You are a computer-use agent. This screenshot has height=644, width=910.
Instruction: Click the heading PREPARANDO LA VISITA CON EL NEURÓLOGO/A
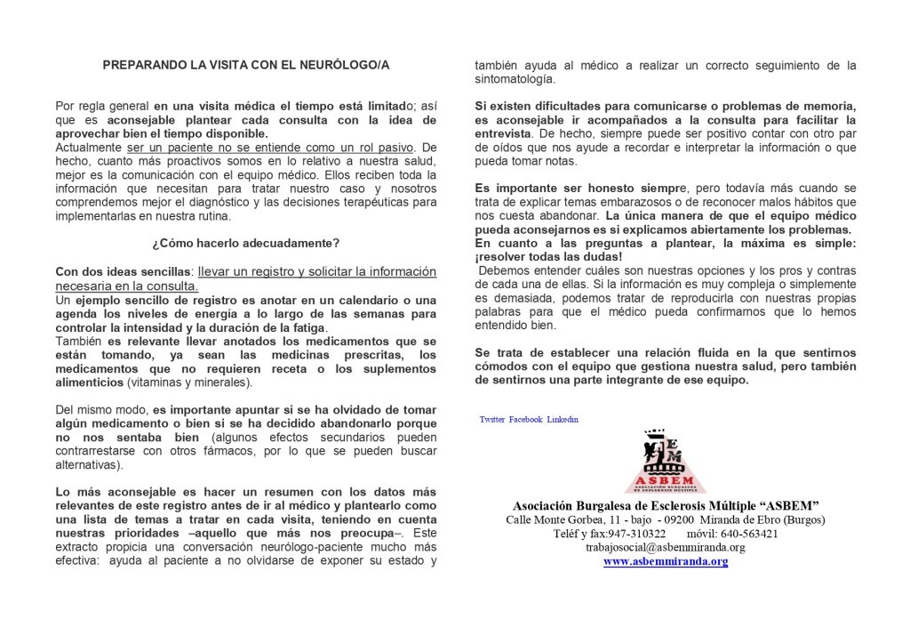246,65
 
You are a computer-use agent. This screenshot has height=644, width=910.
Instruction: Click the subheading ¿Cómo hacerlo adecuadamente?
245,244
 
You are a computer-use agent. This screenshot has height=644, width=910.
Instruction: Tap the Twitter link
492,419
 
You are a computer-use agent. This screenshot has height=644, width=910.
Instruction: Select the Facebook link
525,419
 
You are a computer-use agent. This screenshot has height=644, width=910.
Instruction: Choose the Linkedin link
563,419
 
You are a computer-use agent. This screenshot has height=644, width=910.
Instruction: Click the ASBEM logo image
665,461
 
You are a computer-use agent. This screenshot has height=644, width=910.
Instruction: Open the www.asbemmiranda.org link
666,562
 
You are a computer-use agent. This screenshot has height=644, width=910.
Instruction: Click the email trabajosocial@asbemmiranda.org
666,548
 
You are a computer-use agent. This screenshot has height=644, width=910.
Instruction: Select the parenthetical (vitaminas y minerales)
188,382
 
